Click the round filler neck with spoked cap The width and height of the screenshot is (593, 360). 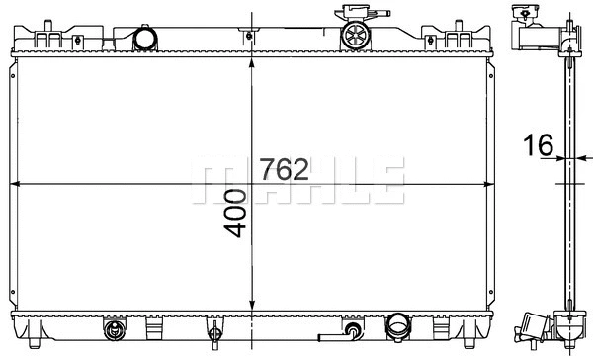pyautogui.click(x=354, y=37)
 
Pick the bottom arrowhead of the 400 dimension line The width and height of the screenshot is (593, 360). pyautogui.click(x=255, y=309)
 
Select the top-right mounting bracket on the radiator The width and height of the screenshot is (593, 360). pyautogui.click(x=461, y=40)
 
